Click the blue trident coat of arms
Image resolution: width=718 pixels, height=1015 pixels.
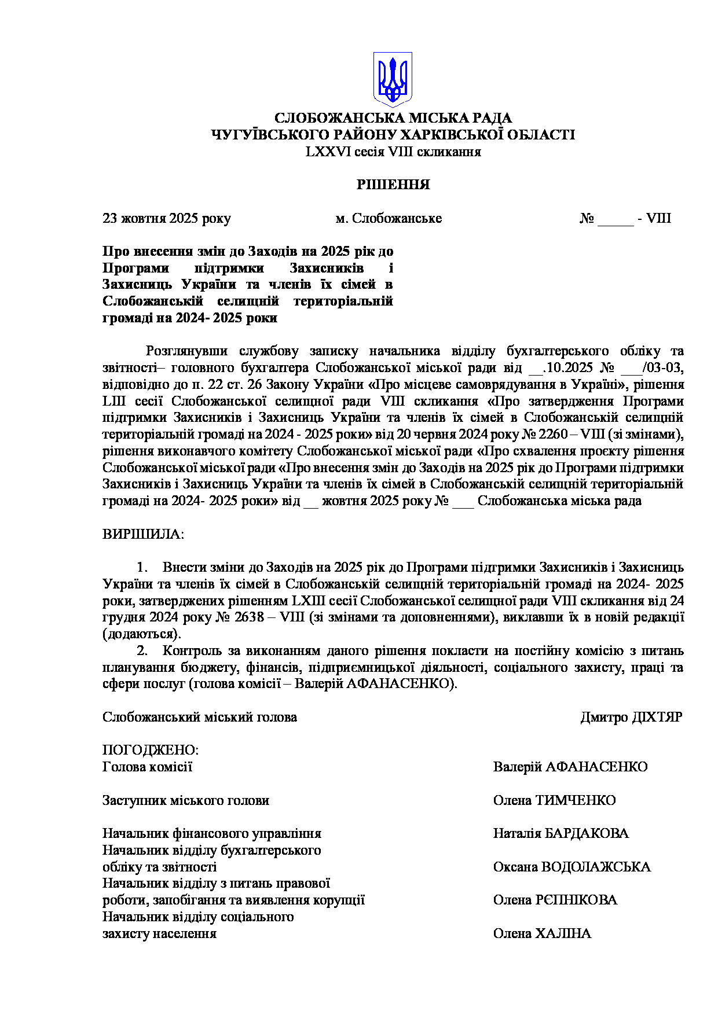(x=393, y=79)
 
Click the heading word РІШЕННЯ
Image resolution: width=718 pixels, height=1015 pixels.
(x=393, y=185)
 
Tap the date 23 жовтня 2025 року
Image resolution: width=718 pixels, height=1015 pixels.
(x=167, y=219)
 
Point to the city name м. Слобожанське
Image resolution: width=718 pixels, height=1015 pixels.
(x=389, y=219)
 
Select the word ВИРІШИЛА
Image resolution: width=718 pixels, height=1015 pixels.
(x=142, y=534)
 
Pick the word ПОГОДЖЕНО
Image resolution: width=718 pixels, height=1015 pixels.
(x=150, y=751)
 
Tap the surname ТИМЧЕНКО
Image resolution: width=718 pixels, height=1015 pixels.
(x=576, y=801)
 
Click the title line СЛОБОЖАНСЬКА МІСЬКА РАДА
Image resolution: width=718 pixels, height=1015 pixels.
(x=393, y=119)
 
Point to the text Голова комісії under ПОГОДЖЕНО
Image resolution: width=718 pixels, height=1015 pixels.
(x=147, y=767)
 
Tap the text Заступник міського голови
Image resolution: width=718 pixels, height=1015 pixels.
(x=185, y=801)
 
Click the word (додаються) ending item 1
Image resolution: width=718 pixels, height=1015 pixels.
(x=141, y=634)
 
